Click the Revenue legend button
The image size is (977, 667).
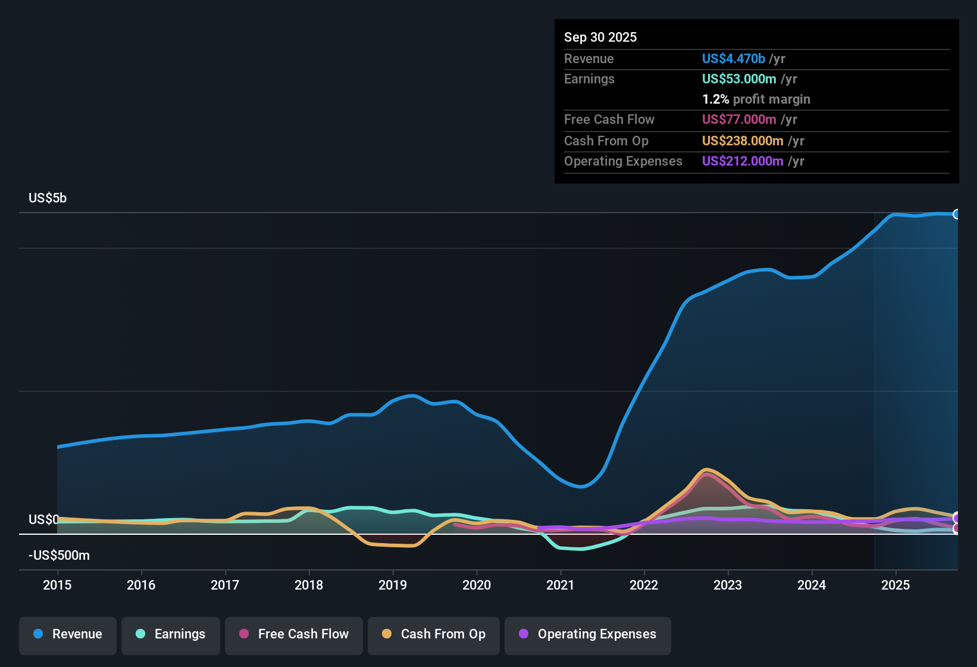click(68, 634)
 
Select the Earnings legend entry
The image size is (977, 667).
click(171, 634)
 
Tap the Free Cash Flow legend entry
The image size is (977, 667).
click(294, 634)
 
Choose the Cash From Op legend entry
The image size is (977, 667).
click(434, 634)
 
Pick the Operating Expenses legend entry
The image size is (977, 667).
click(588, 634)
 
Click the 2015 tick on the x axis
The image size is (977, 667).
click(57, 585)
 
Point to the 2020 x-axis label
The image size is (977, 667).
click(477, 585)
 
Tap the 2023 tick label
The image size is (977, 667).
click(728, 585)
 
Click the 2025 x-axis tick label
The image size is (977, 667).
click(895, 585)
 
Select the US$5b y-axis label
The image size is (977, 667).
click(48, 198)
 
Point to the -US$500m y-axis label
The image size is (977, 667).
click(59, 556)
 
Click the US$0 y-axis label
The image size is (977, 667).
click(43, 520)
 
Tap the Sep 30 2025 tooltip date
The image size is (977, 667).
click(600, 38)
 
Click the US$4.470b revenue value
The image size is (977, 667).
click(733, 59)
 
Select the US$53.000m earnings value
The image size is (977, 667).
click(739, 79)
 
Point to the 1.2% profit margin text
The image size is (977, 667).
click(756, 99)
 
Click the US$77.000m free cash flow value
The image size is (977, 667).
click(739, 120)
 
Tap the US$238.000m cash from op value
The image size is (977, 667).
click(743, 141)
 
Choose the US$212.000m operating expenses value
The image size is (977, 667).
click(743, 161)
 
